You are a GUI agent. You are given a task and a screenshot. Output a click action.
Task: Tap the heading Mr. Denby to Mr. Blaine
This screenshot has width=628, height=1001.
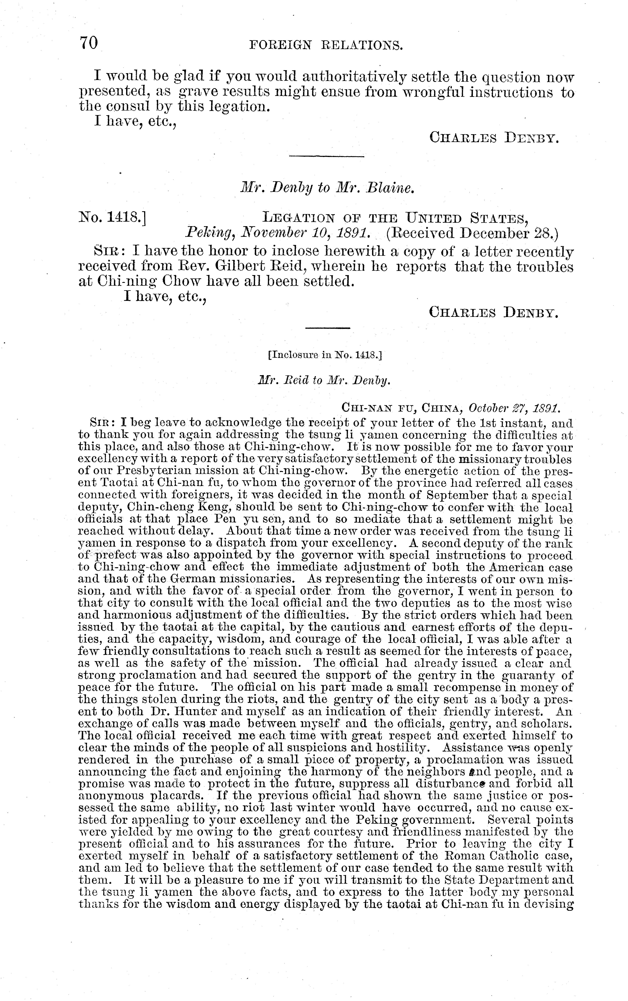tap(328, 188)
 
